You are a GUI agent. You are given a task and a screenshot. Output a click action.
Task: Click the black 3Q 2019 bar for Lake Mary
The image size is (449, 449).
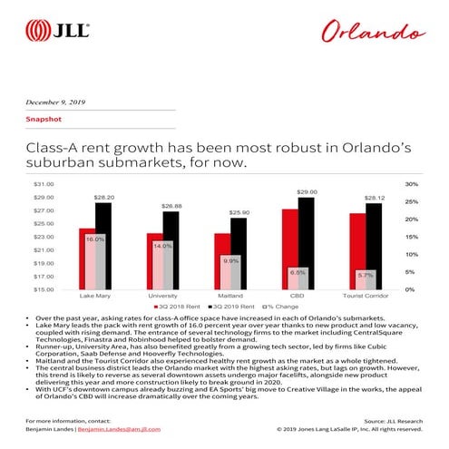coord(103,246)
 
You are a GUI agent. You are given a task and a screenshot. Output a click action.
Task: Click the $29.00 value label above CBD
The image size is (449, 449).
coord(307,192)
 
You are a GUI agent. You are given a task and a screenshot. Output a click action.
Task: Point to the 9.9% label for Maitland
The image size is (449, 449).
coord(231,260)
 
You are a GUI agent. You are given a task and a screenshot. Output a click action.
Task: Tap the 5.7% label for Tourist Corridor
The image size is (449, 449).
coord(366,274)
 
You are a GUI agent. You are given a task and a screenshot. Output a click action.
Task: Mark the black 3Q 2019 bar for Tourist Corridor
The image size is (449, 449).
coord(374,246)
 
